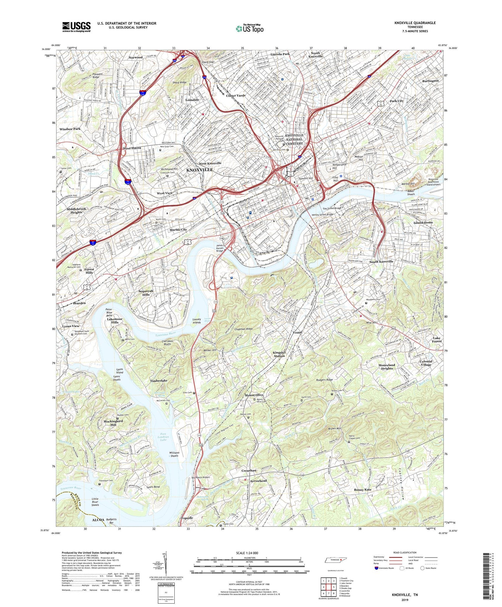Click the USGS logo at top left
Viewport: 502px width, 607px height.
point(76,27)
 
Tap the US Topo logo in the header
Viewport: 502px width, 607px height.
point(249,29)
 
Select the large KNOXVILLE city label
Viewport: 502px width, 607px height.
point(199,170)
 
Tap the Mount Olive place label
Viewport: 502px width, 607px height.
point(254,395)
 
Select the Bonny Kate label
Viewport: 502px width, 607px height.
point(363,490)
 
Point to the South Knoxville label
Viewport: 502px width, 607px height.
point(381,261)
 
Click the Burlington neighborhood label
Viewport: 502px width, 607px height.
point(430,81)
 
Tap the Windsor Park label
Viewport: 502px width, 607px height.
point(70,129)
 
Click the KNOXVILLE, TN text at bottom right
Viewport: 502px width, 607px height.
point(405,595)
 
